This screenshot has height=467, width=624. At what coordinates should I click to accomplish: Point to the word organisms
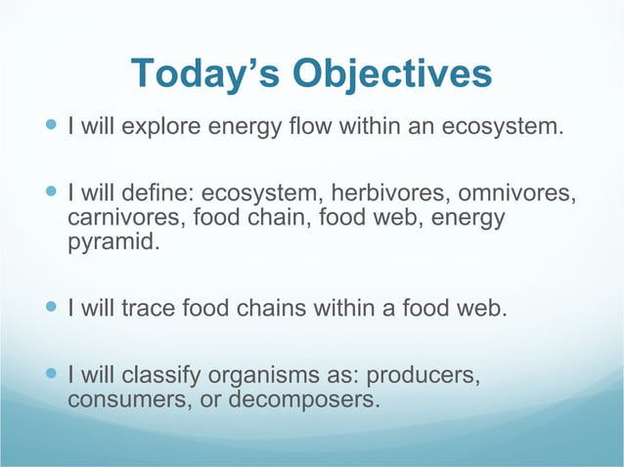(265, 376)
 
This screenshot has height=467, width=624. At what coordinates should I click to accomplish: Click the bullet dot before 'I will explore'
(52, 127)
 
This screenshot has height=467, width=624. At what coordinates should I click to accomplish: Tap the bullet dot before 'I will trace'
(52, 311)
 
